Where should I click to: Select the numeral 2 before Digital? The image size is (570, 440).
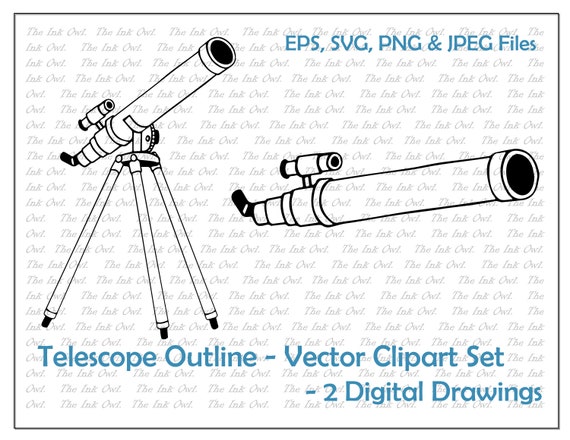point(330,392)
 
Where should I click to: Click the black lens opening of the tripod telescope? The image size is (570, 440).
point(221,53)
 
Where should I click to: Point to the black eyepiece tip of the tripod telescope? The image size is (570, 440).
point(68,159)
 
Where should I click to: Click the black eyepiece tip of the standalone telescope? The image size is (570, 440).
point(240,202)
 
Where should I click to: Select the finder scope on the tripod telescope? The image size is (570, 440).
point(96,114)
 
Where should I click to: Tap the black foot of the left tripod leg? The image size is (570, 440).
point(46,322)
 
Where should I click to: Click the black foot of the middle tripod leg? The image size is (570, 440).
point(164,333)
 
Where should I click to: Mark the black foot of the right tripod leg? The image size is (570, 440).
point(214,323)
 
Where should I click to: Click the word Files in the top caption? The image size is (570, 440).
point(518,43)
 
